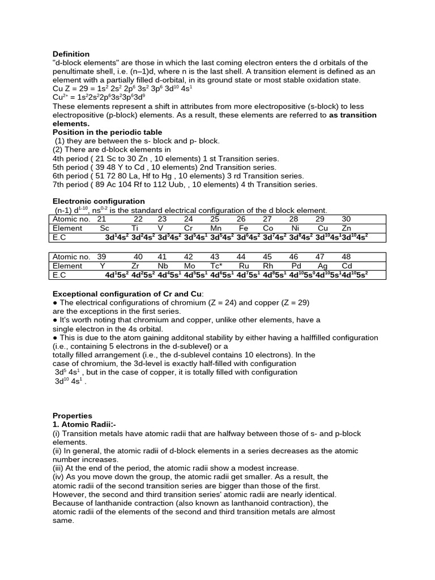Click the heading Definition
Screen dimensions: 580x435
click(x=71, y=54)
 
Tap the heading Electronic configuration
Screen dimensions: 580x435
click(x=99, y=201)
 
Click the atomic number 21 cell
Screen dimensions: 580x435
click(x=102, y=219)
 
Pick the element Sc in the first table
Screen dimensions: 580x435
click(x=104, y=228)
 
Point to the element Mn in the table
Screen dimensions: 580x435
click(x=215, y=228)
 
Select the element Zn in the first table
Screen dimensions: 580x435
click(x=346, y=228)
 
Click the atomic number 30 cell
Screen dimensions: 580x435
click(x=346, y=219)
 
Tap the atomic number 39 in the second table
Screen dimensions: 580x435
click(x=102, y=257)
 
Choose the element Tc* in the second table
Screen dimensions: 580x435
click(x=216, y=266)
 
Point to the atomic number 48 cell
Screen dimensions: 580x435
click(x=346, y=257)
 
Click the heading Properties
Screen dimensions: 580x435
click(x=72, y=415)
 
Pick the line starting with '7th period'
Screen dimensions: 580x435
click(x=185, y=185)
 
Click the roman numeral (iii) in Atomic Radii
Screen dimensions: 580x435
click(x=59, y=468)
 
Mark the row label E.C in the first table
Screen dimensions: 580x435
click(x=59, y=237)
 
